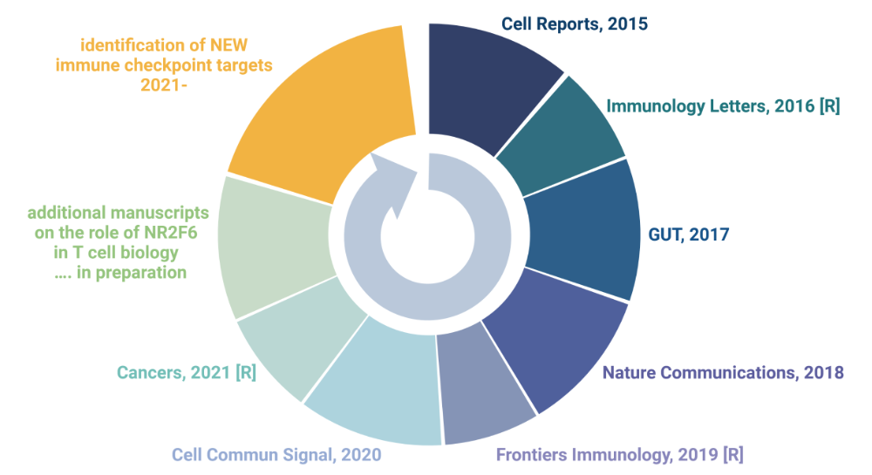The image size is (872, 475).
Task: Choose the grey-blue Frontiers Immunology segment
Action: point(484,383)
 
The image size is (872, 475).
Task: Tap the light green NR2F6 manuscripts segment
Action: point(270,244)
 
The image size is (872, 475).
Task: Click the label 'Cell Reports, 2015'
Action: point(574,24)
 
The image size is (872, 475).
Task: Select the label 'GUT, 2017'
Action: point(689,234)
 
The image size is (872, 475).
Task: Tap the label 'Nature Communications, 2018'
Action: point(724,373)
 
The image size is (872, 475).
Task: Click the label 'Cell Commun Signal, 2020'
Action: point(276,455)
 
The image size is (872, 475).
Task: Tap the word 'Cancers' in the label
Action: point(150,373)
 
